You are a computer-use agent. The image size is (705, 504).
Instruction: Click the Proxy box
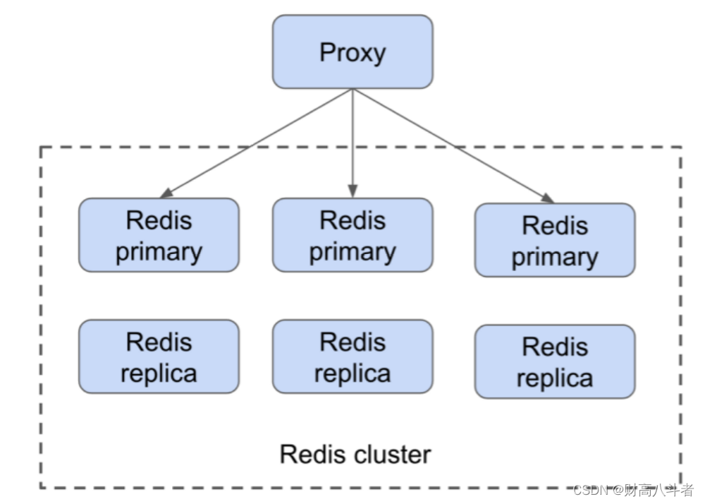click(x=352, y=52)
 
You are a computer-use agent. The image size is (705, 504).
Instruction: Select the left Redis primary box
click(x=159, y=235)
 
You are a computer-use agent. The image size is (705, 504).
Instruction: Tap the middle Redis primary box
click(x=352, y=235)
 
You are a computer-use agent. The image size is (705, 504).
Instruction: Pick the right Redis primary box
click(x=555, y=240)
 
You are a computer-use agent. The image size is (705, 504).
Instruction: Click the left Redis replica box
click(x=159, y=356)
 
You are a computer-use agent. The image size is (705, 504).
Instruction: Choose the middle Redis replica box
click(x=352, y=356)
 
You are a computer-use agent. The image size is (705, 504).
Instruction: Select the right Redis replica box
click(x=555, y=361)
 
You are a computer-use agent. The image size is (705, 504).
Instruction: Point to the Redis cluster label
click(x=355, y=454)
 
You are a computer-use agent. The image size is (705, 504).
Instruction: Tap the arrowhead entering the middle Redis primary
click(x=352, y=191)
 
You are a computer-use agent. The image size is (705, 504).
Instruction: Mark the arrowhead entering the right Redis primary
click(x=547, y=198)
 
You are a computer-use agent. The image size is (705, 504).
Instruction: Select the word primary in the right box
click(x=555, y=256)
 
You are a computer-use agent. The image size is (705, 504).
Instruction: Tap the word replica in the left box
click(x=159, y=373)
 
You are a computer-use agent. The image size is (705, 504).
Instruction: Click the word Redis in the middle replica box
click(x=352, y=342)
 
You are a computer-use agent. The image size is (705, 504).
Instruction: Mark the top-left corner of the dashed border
click(x=41, y=148)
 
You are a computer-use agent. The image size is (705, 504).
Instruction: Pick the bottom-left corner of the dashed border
click(x=41, y=487)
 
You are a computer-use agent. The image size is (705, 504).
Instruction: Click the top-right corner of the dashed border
click(x=681, y=148)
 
